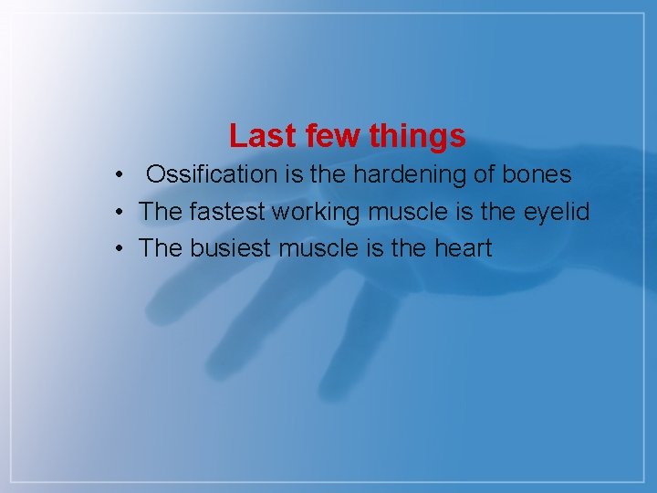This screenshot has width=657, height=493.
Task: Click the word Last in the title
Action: coord(258,136)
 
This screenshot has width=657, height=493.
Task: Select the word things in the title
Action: coord(418,136)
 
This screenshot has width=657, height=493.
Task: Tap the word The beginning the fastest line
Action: coord(162,212)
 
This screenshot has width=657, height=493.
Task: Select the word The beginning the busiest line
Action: coord(162,248)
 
